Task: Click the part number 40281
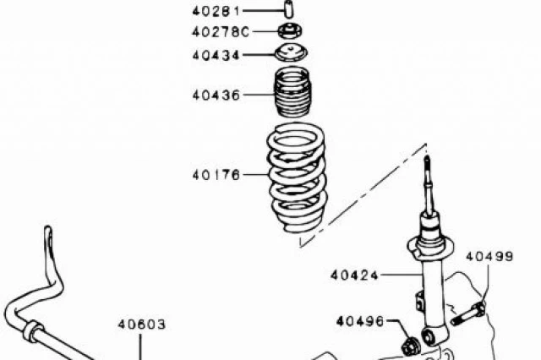(x=216, y=11)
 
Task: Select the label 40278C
(x=221, y=32)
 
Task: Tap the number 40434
(x=216, y=55)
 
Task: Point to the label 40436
(x=216, y=95)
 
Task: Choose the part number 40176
(x=216, y=175)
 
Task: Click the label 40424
(x=354, y=275)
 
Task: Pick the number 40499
(x=489, y=256)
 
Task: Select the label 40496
(x=360, y=321)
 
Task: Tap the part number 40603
(x=142, y=325)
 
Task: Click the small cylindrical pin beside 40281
(x=289, y=9)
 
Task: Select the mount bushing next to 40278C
(x=290, y=31)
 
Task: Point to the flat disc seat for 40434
(x=292, y=53)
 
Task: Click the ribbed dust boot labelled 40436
(x=292, y=92)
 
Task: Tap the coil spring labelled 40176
(x=297, y=177)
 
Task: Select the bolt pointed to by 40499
(x=468, y=313)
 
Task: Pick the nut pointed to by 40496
(x=411, y=346)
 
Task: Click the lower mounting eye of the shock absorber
(x=430, y=336)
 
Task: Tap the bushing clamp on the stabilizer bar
(x=32, y=331)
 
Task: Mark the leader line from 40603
(x=140, y=347)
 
